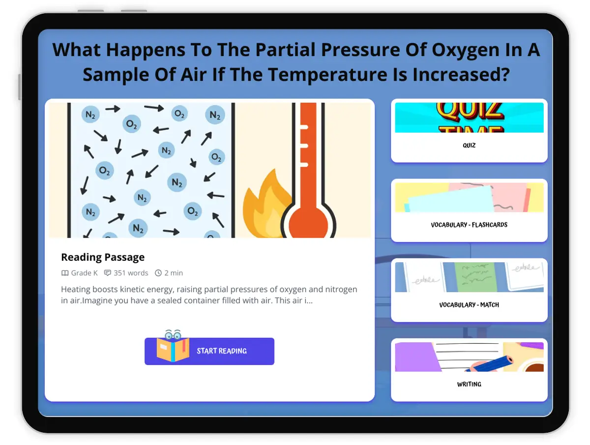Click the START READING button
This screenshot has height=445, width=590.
[x=209, y=351]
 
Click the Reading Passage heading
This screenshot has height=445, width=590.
[x=103, y=257]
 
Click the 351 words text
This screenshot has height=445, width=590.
[x=131, y=273]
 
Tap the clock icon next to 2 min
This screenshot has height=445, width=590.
[x=158, y=273]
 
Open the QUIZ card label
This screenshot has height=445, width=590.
[x=469, y=145]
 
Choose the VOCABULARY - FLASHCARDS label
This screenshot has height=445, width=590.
[x=469, y=224]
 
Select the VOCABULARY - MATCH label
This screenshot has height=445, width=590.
[x=469, y=305]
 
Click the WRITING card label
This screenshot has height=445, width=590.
[x=469, y=384]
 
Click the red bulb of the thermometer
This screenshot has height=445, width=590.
[x=308, y=223]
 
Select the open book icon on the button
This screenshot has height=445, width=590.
[x=173, y=349]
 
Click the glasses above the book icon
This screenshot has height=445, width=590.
[x=173, y=334]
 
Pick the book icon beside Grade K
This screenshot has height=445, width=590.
[x=65, y=273]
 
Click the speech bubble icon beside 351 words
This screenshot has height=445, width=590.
[x=108, y=273]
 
